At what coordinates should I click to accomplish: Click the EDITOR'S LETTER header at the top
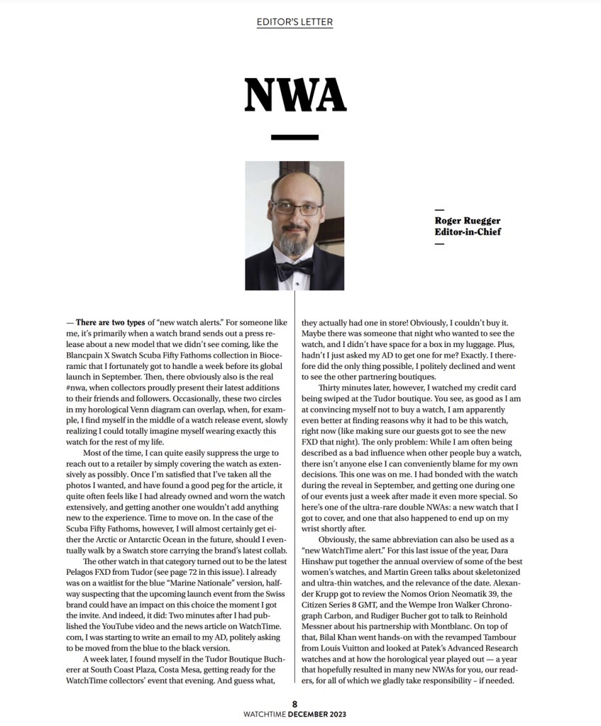pos(294,22)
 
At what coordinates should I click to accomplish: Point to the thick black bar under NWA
pos(294,137)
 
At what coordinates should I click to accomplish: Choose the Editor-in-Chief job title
pos(468,232)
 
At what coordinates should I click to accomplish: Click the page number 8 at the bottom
pos(294,703)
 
